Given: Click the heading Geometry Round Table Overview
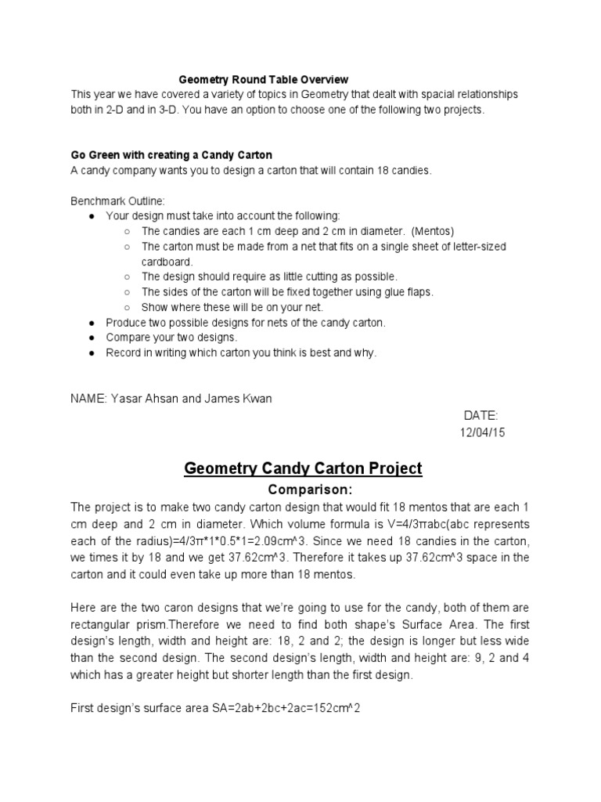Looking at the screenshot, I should pyautogui.click(x=264, y=79).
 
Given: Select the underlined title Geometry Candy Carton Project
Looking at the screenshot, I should pyautogui.click(x=303, y=468).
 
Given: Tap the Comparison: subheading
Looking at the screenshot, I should pyautogui.click(x=303, y=490).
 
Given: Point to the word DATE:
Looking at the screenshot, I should pyautogui.click(x=480, y=416).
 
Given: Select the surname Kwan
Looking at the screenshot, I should pyautogui.click(x=257, y=399).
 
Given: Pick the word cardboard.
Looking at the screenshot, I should pyautogui.click(x=167, y=262).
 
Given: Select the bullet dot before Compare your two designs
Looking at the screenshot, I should pyautogui.click(x=92, y=338).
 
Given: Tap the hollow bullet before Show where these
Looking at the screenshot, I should pyautogui.click(x=127, y=307).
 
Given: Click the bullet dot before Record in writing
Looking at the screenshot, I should pyautogui.click(x=92, y=353).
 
